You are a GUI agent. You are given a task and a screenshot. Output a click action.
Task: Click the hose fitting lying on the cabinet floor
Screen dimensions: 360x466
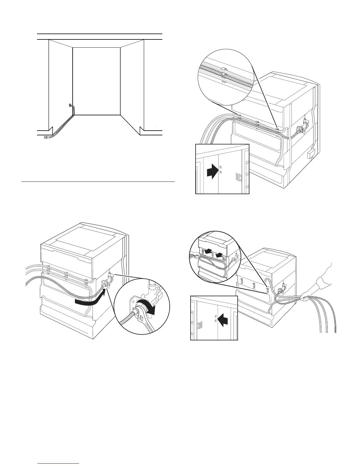46,137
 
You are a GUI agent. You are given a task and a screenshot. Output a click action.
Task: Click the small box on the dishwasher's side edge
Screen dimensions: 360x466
311,154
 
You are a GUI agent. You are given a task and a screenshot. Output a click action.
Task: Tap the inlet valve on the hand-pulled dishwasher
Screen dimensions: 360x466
284,287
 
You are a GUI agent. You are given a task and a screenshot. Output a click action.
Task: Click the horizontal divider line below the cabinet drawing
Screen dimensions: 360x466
98,182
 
